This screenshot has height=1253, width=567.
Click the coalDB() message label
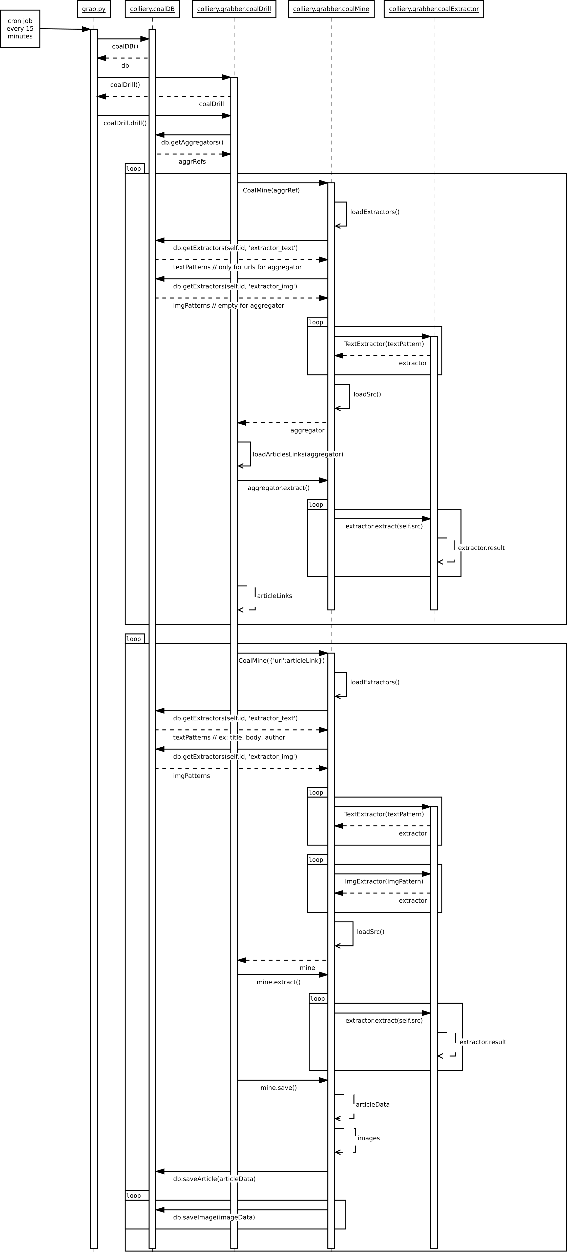[x=125, y=47]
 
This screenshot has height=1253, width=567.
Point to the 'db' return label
[x=125, y=66]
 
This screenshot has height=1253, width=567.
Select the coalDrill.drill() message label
[x=125, y=123]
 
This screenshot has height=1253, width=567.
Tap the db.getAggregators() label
[x=192, y=143]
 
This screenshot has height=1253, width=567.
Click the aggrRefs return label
[x=192, y=162]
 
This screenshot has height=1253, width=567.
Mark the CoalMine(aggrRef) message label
[x=271, y=190]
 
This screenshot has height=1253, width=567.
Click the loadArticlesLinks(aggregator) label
[x=298, y=454]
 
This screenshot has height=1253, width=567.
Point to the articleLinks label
[x=274, y=596]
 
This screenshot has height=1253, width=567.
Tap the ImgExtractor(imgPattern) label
[x=384, y=881]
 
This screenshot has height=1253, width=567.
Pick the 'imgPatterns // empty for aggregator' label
[x=228, y=306]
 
